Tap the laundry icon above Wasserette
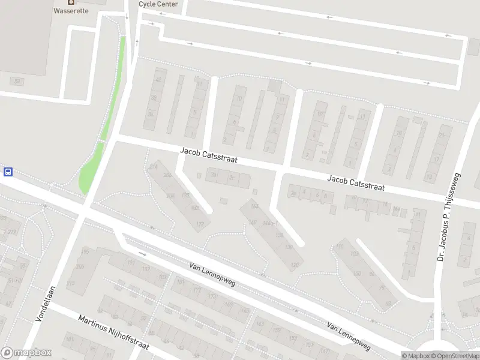point(71,2)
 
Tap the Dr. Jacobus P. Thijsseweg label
point(448,218)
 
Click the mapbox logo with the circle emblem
point(26,353)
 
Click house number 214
point(153,166)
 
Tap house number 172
point(200,224)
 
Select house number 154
point(254,206)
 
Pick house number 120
point(294,265)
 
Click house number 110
point(340,247)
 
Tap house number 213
point(71,283)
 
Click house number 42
point(158,79)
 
